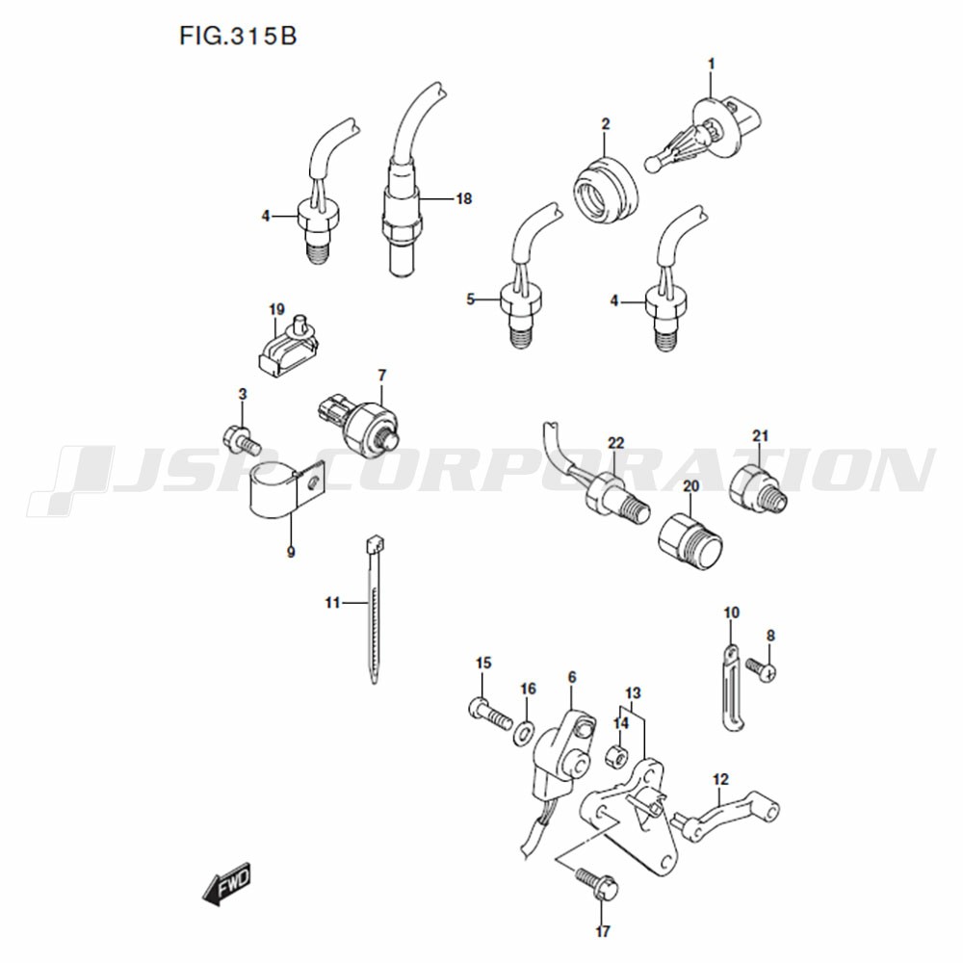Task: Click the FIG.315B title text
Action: click(238, 37)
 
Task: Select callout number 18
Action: click(464, 199)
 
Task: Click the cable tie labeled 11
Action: click(373, 608)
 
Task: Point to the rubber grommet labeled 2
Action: click(606, 191)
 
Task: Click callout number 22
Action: click(615, 443)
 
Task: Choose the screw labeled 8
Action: click(762, 668)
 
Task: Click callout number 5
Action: click(471, 299)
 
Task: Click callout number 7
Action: click(382, 375)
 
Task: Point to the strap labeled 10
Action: click(729, 687)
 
